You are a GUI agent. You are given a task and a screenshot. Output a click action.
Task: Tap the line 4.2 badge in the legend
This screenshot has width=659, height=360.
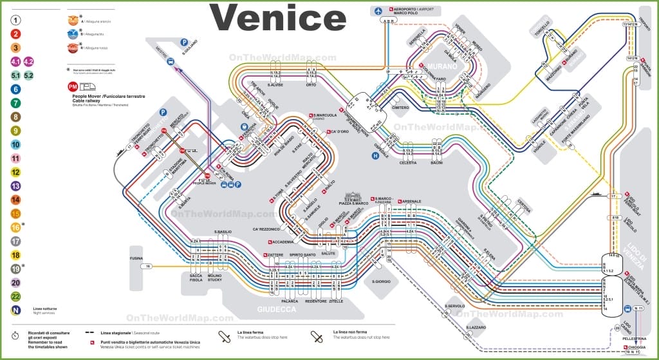(29, 62)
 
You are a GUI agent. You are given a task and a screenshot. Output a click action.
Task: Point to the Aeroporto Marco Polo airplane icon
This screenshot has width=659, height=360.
(378, 11)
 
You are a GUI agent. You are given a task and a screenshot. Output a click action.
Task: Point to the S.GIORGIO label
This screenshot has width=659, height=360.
(382, 281)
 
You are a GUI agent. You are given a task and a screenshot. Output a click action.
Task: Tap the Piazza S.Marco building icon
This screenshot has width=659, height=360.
(353, 196)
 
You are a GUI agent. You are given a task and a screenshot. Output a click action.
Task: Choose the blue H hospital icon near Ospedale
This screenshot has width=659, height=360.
(375, 155)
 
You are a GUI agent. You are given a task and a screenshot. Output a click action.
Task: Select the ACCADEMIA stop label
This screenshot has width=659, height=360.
(284, 242)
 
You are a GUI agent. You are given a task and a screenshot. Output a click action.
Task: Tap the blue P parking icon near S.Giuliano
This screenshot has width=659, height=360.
(186, 38)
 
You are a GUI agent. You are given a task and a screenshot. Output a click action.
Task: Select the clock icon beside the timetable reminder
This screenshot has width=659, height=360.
(15, 336)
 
